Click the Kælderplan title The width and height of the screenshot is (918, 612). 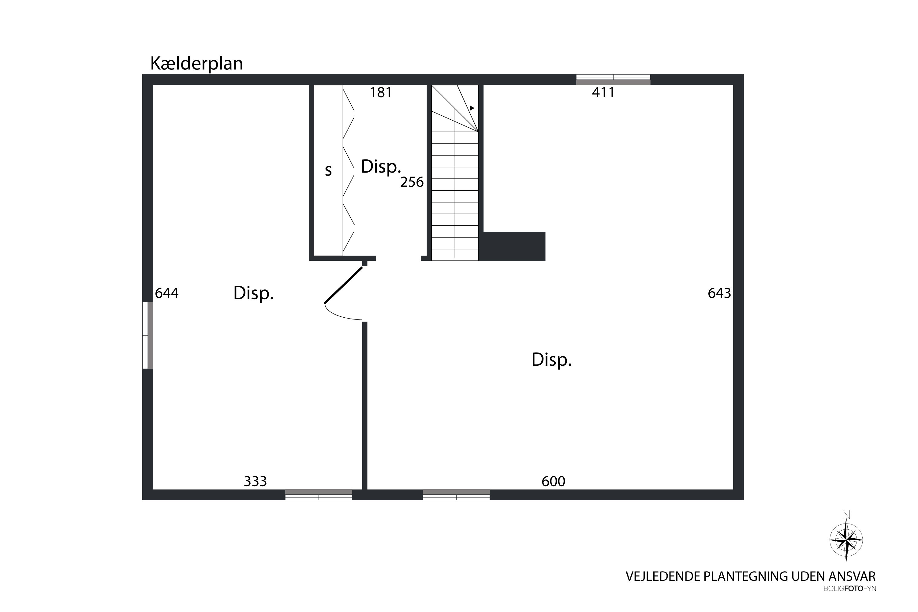(x=196, y=64)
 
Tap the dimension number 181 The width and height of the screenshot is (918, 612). (x=381, y=92)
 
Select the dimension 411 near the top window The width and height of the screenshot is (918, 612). (x=603, y=92)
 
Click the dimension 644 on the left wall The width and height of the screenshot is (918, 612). (x=167, y=293)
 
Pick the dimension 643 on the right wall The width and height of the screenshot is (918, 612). (x=719, y=293)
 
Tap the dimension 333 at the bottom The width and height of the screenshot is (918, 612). (x=255, y=482)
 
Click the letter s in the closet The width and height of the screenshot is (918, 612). (x=328, y=170)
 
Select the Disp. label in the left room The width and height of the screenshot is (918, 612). (x=253, y=293)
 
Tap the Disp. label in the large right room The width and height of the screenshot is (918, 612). (x=551, y=360)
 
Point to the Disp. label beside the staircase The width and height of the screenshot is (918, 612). (x=381, y=167)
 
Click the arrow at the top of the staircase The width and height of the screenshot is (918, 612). (x=465, y=108)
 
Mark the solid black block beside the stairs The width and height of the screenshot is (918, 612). (x=512, y=246)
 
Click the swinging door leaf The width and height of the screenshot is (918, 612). (x=343, y=285)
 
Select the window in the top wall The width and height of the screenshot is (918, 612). (x=613, y=79)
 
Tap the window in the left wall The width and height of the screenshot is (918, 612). (x=147, y=335)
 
